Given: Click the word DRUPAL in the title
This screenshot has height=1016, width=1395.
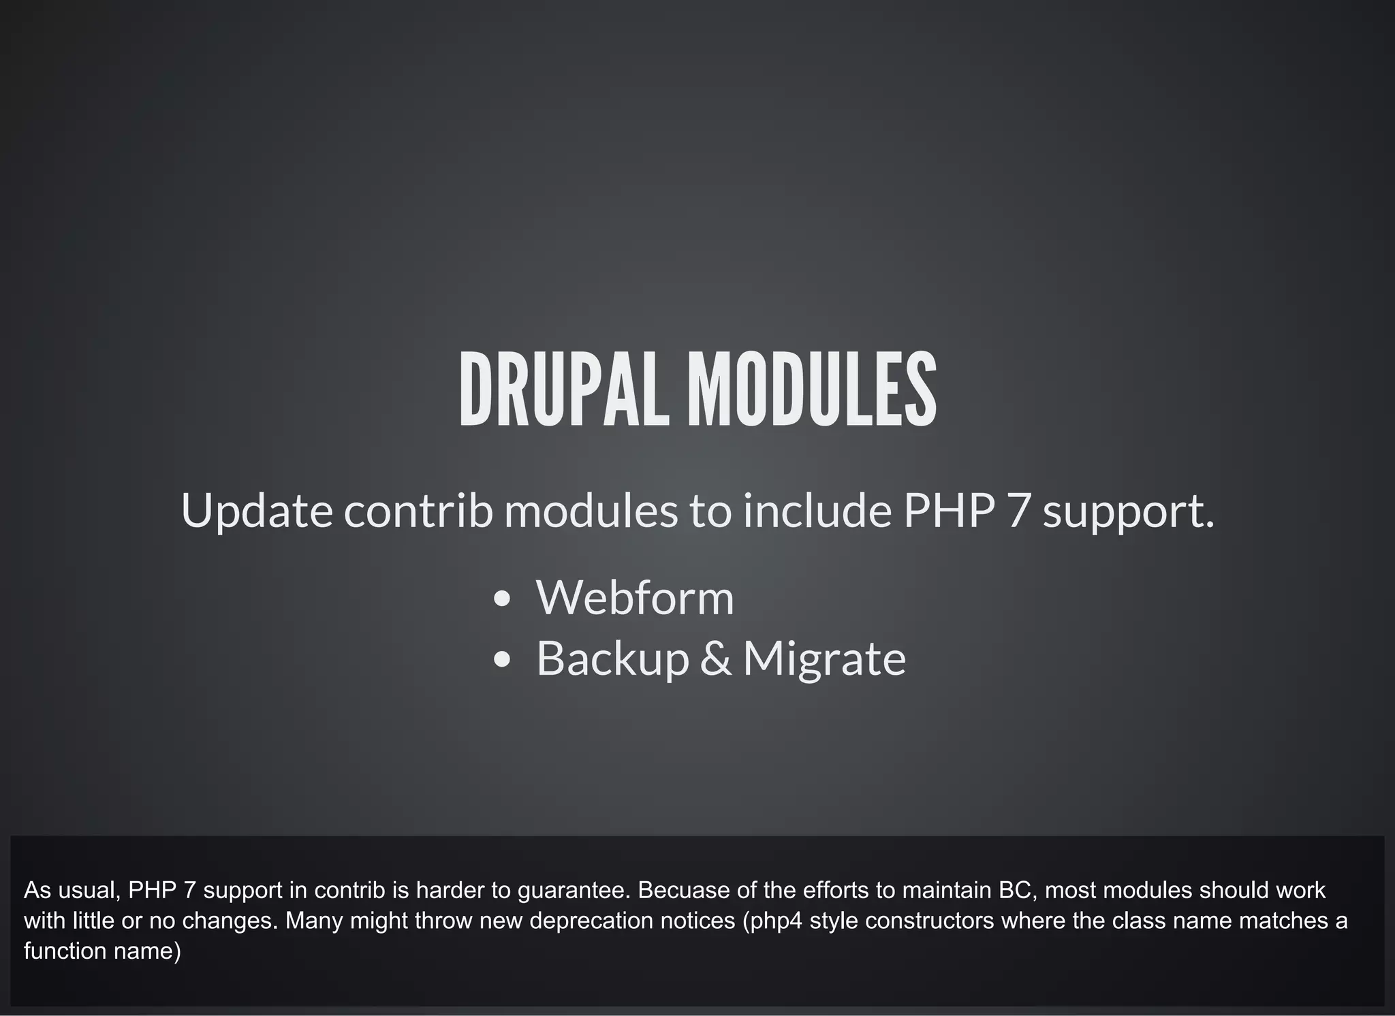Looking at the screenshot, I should pyautogui.click(x=564, y=390).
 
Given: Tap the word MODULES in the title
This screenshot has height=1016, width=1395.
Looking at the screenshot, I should pyautogui.click(x=811, y=390).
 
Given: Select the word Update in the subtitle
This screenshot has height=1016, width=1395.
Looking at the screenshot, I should pyautogui.click(x=256, y=511).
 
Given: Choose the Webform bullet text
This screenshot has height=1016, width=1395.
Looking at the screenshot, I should pyautogui.click(x=635, y=598).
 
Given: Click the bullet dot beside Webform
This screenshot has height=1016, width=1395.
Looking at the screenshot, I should pyautogui.click(x=502, y=599).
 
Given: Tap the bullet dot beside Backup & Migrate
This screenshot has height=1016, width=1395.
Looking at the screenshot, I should pyautogui.click(x=502, y=659).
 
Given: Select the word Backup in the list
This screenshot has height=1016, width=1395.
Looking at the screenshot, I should pyautogui.click(x=613, y=659).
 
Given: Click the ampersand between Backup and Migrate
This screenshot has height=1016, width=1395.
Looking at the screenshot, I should pyautogui.click(x=716, y=658).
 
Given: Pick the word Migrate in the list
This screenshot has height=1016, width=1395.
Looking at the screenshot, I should pyautogui.click(x=824, y=659).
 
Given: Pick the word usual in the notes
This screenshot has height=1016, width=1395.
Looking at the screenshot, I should pyautogui.click(x=88, y=890).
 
